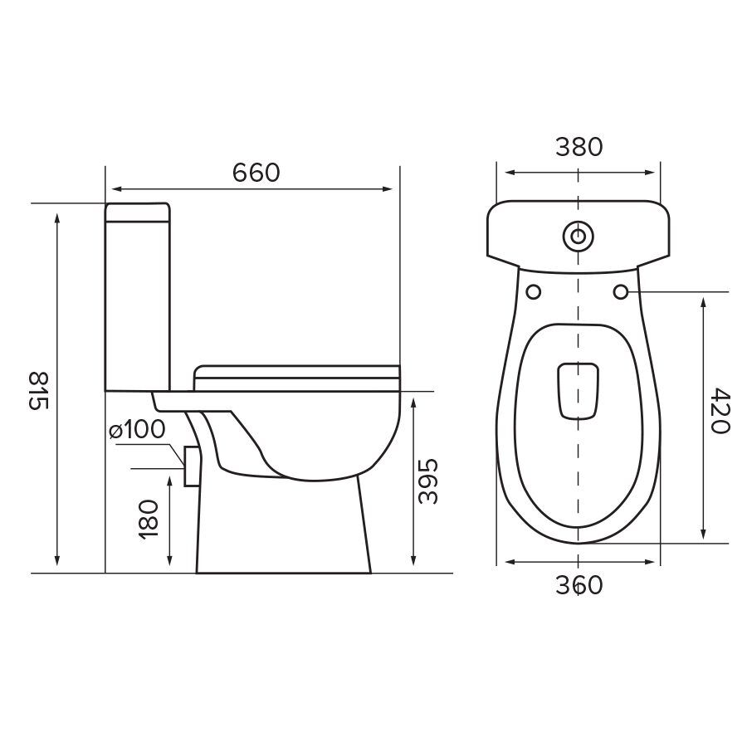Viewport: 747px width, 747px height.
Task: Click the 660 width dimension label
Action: point(256,173)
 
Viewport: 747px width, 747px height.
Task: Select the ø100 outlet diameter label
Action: point(137,430)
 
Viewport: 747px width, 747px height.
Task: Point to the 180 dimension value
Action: point(150,520)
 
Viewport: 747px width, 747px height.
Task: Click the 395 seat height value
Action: point(428,481)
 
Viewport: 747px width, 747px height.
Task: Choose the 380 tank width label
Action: point(579,147)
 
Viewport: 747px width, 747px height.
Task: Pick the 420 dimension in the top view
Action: point(719,411)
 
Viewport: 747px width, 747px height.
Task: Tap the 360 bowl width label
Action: point(579,585)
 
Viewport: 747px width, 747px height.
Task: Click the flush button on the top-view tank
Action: point(578,236)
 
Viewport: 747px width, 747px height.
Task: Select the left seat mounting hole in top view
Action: point(534,291)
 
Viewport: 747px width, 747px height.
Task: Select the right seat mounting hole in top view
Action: point(622,291)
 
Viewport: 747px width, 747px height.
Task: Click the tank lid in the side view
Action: point(138,212)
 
